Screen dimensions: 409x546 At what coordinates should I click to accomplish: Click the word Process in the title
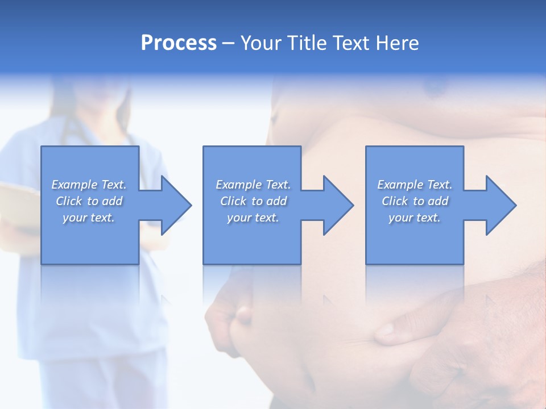(179, 43)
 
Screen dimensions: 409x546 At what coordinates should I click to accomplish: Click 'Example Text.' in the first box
(89, 185)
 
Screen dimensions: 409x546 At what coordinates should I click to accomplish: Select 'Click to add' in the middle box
(253, 201)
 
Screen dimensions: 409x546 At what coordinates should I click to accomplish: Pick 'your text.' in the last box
(415, 218)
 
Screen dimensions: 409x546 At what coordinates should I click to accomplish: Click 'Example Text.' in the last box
(415, 185)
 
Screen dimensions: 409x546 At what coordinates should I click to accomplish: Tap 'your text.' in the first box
(89, 218)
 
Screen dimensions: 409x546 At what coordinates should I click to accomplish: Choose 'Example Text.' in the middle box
(253, 185)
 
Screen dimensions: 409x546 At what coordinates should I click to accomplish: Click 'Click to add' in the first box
(89, 201)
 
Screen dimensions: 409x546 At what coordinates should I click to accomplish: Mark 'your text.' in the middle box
(253, 218)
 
